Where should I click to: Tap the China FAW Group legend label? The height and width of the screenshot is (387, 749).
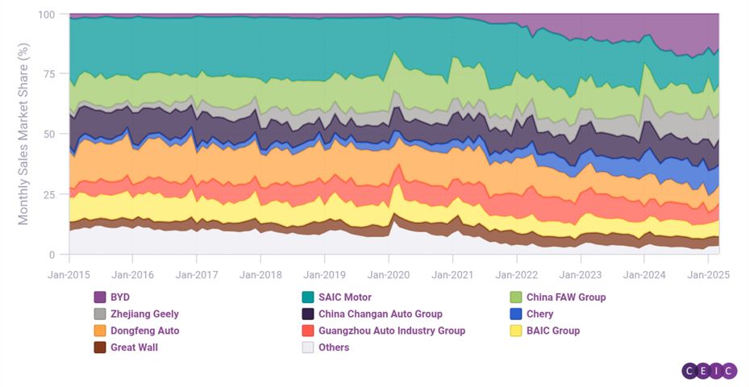[566, 297]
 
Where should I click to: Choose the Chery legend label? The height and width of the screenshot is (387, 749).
[539, 314]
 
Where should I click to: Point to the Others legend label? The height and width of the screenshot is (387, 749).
[334, 347]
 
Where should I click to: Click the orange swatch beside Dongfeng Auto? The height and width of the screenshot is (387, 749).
[101, 331]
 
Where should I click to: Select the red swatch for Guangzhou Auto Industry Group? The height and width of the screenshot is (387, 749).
[307, 331]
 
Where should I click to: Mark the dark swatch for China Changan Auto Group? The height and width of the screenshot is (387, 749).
[307, 314]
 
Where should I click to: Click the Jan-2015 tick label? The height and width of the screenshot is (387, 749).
[69, 274]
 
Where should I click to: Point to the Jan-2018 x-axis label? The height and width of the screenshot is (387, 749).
[260, 274]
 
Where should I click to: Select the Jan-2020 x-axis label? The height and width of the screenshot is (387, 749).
[389, 274]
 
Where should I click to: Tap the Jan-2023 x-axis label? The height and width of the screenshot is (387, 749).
[580, 274]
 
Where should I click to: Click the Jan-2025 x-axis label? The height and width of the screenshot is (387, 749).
[709, 274]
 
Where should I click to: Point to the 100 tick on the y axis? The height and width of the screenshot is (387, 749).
[47, 15]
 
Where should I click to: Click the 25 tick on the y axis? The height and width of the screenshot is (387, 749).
[50, 195]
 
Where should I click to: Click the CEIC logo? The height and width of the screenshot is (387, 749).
[709, 370]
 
